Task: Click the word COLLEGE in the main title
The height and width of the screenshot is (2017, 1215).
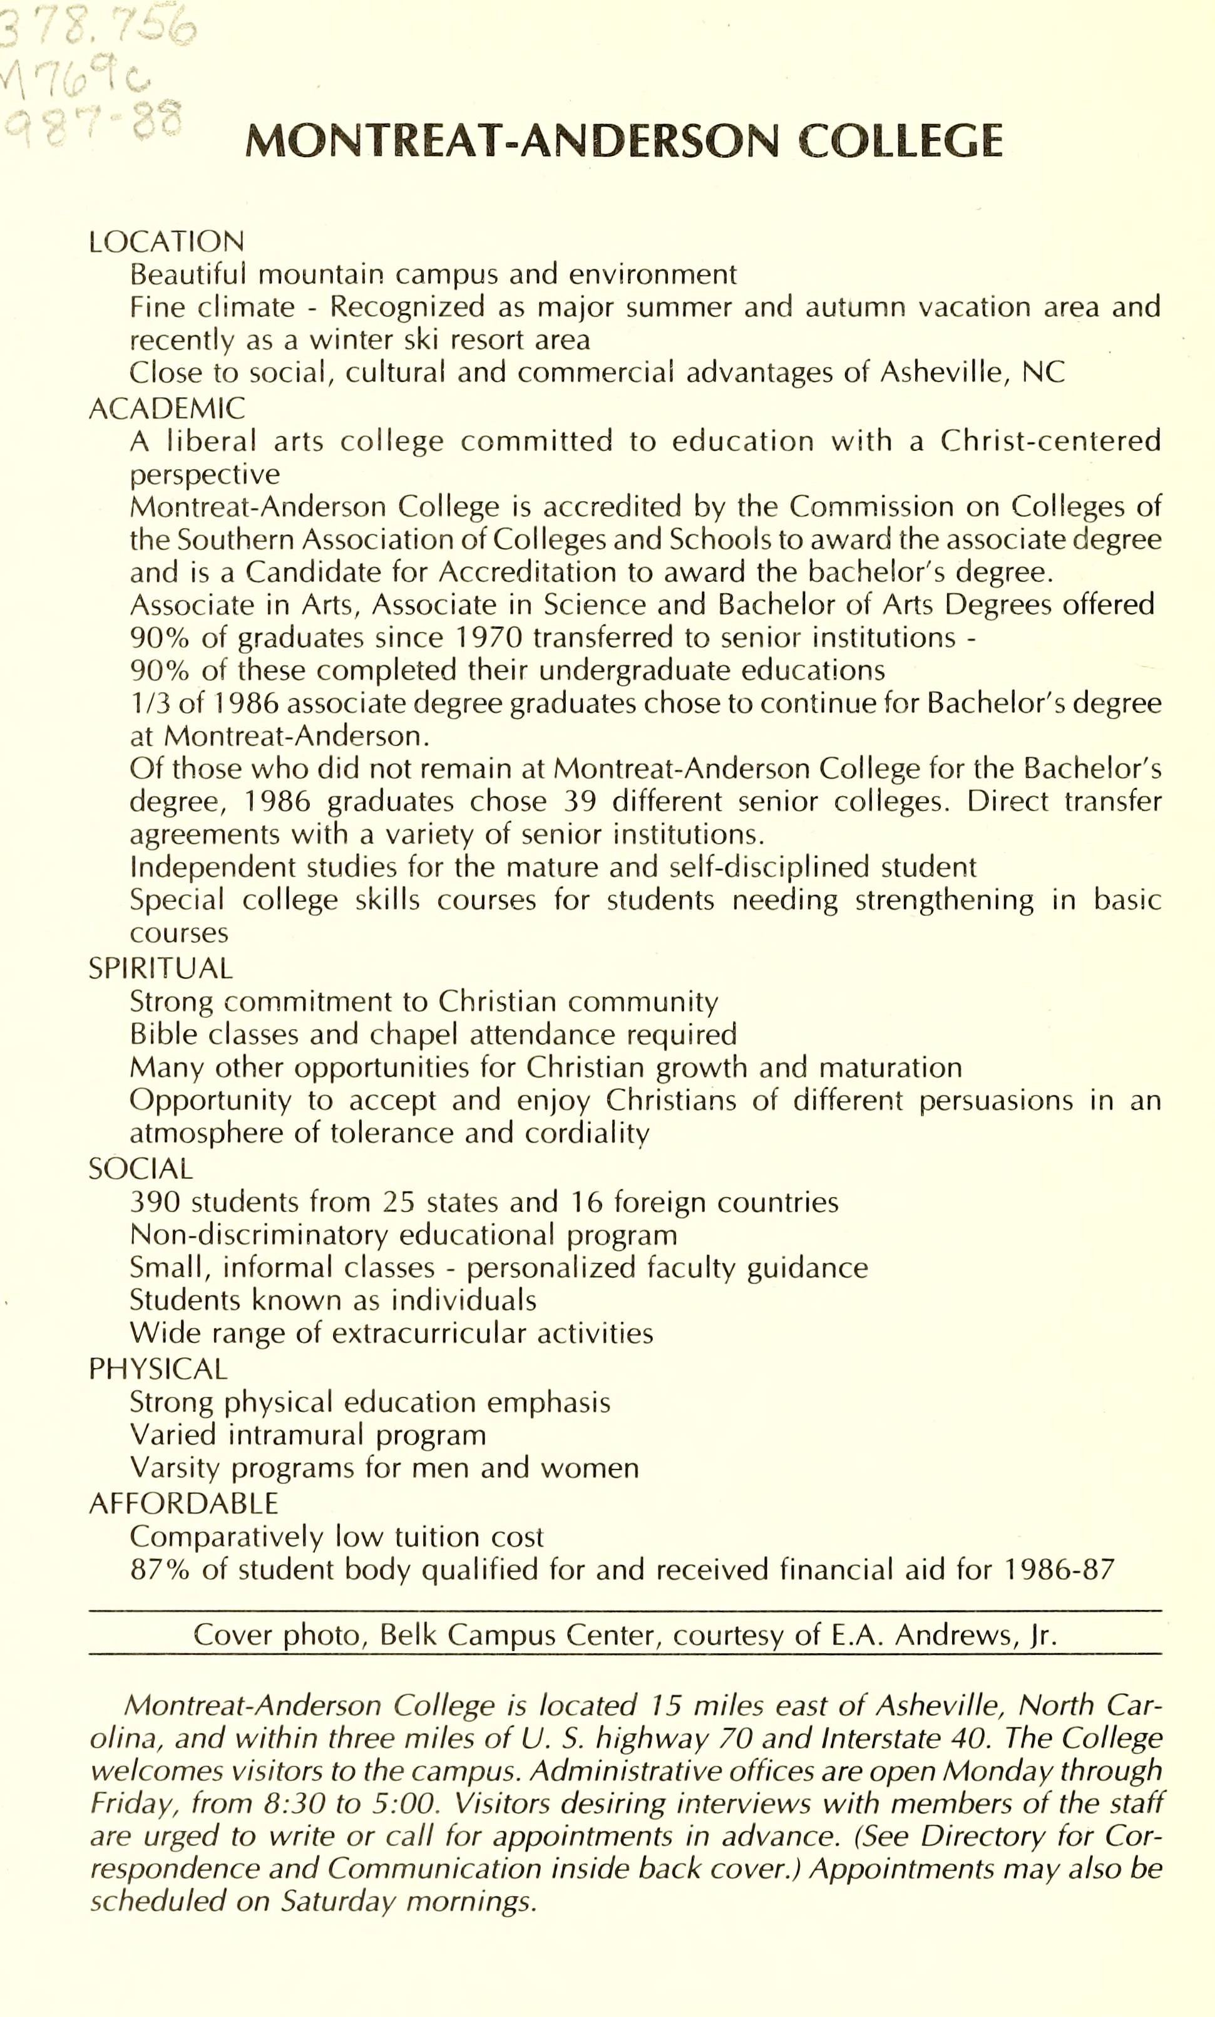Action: coord(900,141)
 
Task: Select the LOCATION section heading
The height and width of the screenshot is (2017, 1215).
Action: coord(166,242)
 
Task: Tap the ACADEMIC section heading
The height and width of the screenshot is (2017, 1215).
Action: coord(166,408)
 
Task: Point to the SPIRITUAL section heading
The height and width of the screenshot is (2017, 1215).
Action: coord(160,968)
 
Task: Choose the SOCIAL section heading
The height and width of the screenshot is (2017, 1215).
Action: coord(141,1168)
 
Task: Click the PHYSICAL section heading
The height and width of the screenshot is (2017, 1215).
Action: coord(158,1369)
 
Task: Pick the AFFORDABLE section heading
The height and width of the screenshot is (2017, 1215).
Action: coord(183,1503)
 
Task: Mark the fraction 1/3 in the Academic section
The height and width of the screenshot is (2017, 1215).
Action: coord(148,703)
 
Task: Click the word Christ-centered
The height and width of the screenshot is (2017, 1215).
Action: coord(1050,441)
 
